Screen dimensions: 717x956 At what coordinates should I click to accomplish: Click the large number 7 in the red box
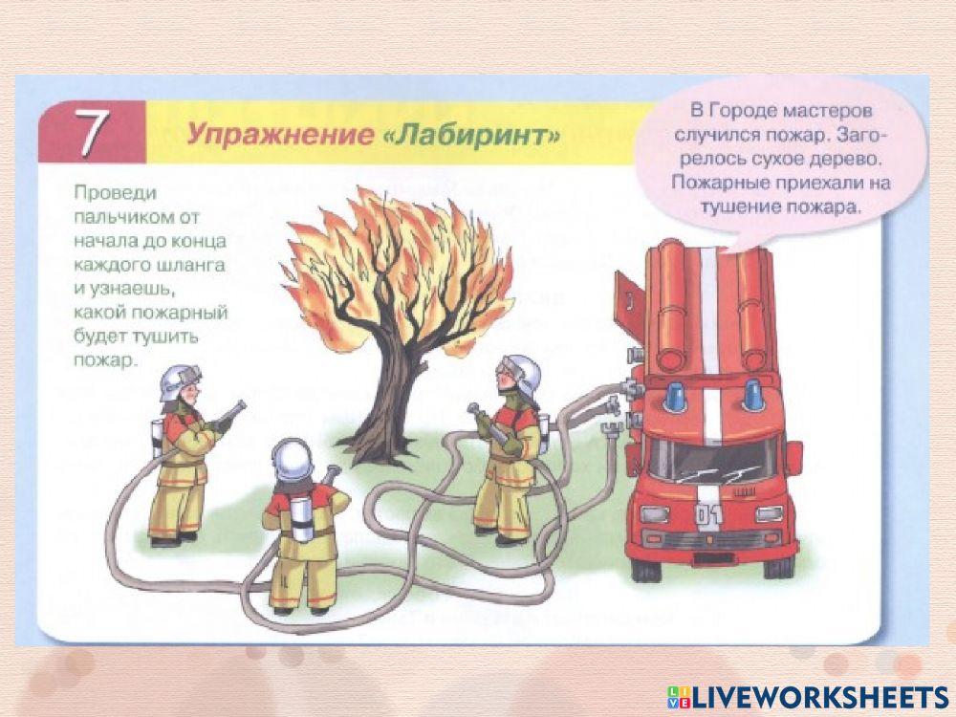click(89, 134)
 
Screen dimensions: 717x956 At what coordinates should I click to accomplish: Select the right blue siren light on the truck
click(752, 393)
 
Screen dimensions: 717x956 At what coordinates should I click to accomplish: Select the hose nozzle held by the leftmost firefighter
click(233, 414)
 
